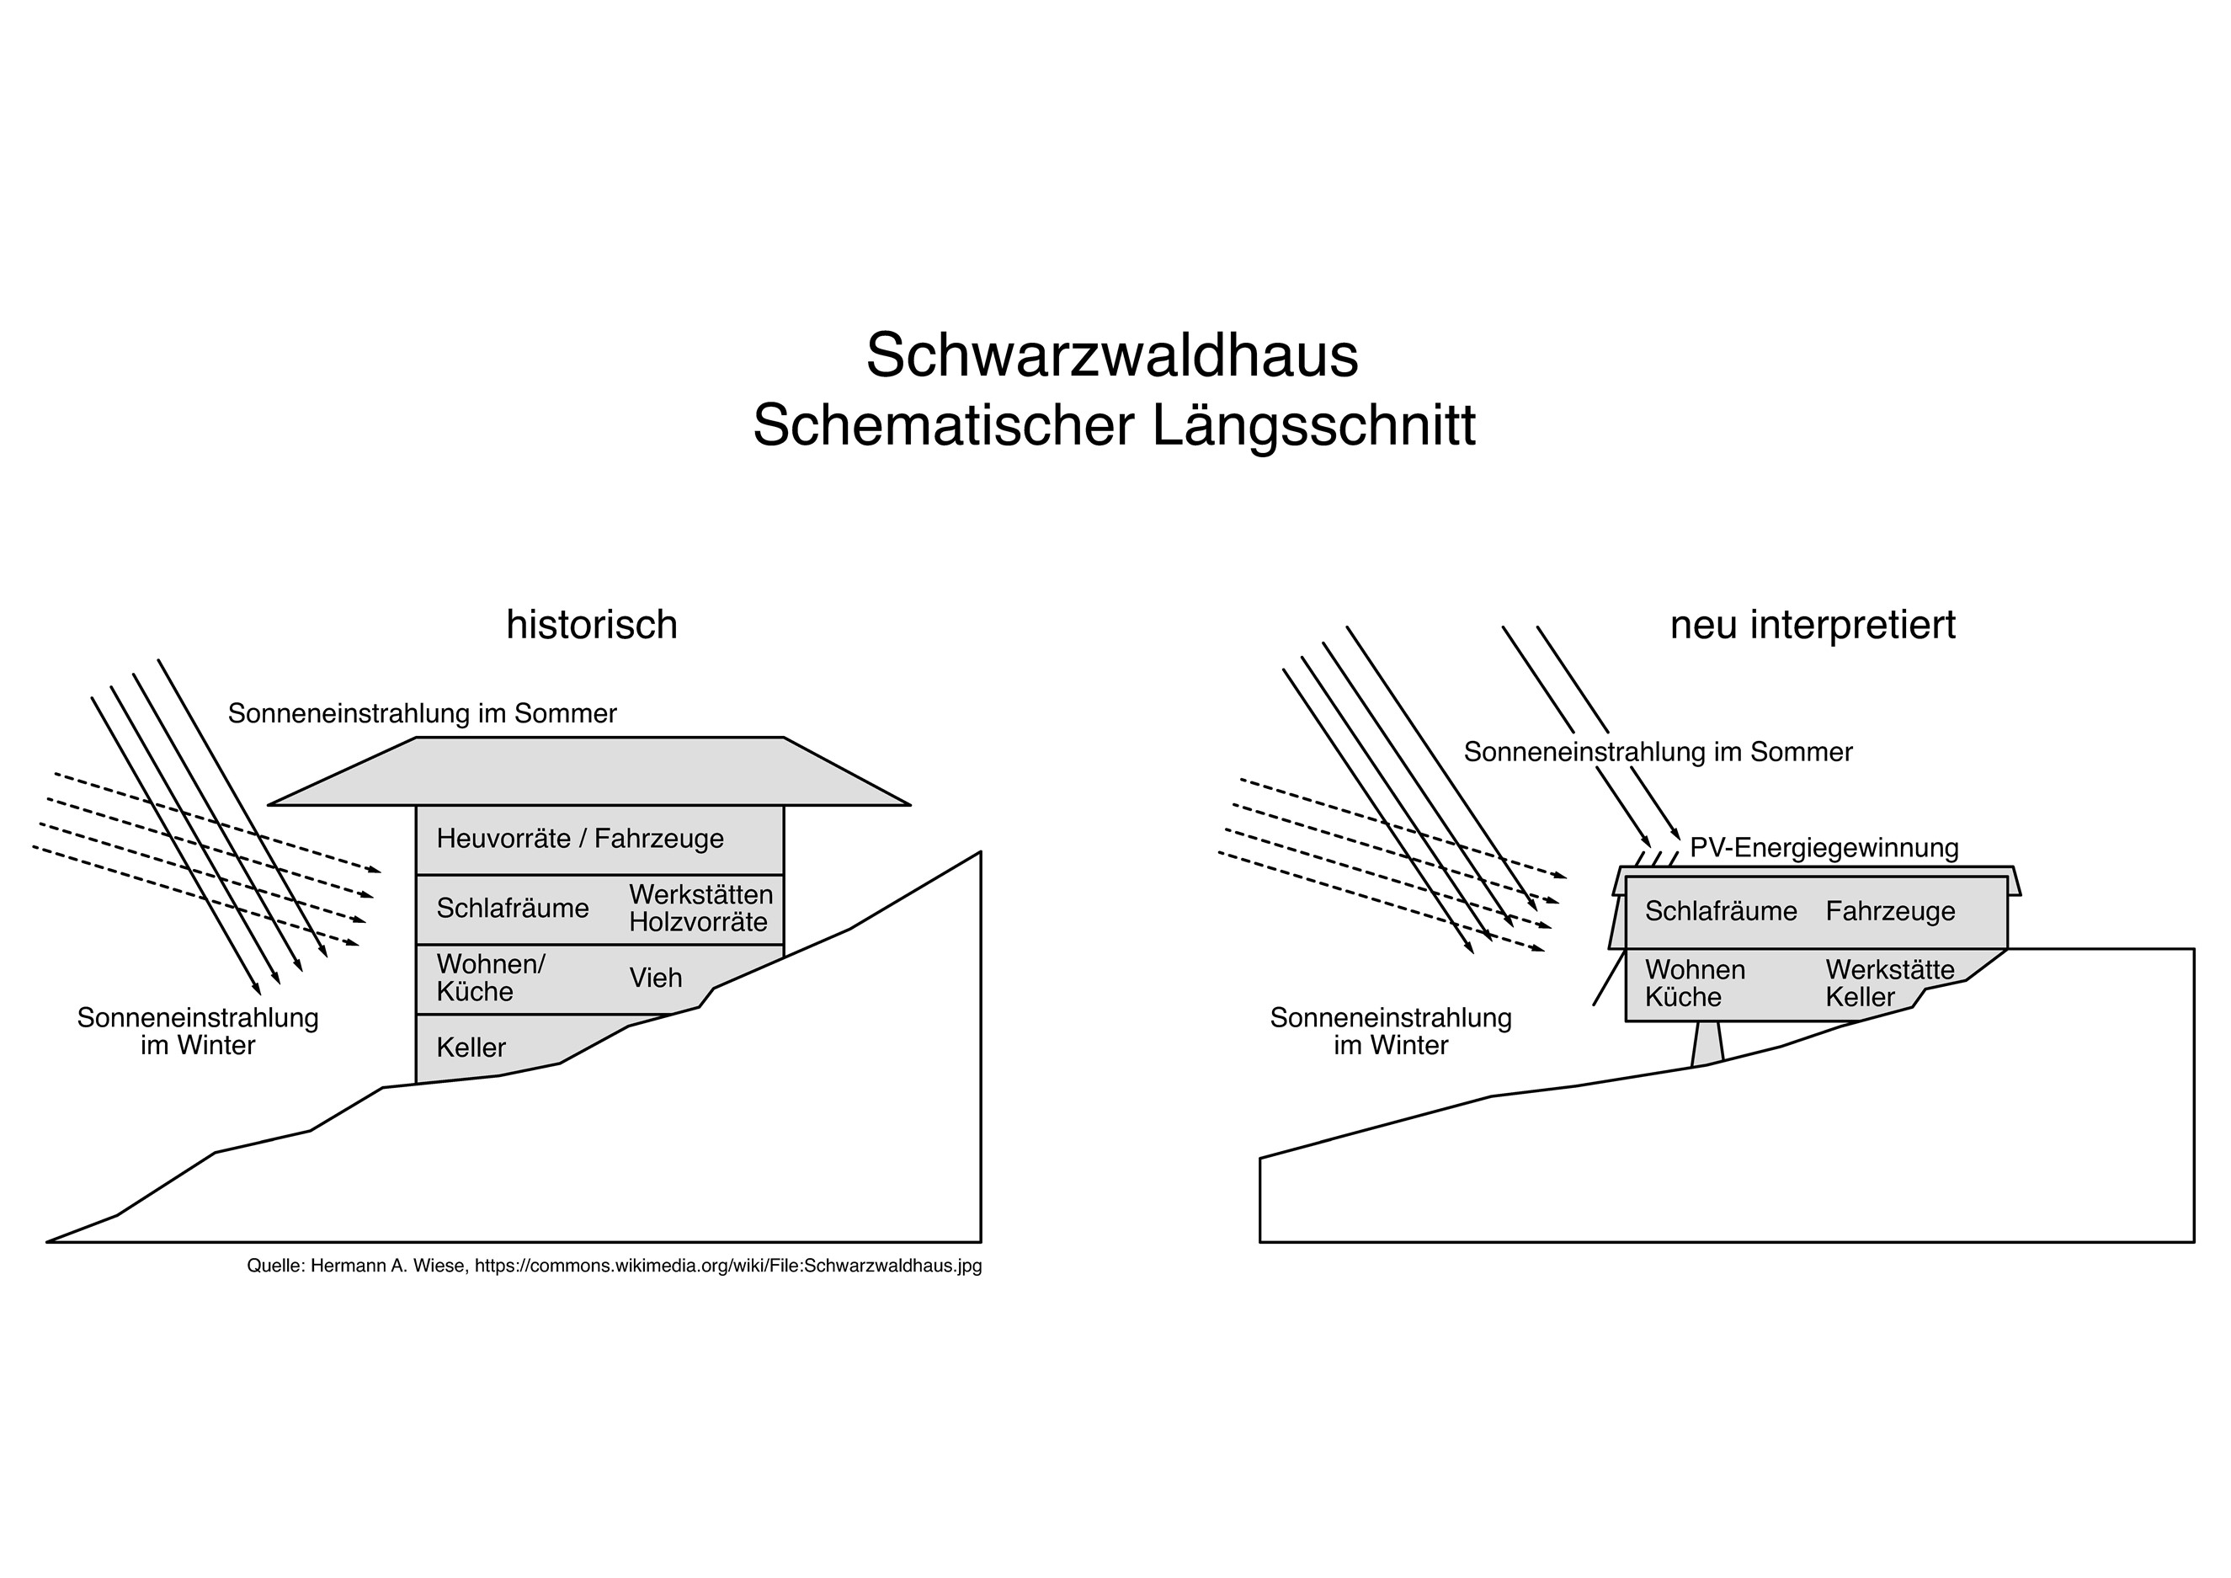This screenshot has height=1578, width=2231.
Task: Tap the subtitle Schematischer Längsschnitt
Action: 1114,425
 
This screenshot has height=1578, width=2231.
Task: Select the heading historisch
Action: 592,625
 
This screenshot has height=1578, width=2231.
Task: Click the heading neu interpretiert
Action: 1813,625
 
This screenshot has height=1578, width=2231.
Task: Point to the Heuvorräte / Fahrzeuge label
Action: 580,839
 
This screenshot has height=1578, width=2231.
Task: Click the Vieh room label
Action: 656,978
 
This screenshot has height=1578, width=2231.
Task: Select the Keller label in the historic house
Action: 471,1048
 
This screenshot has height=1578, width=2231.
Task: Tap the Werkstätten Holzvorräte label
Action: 700,909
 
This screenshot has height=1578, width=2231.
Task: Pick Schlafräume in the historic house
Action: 513,909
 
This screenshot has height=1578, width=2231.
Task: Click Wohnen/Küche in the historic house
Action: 491,978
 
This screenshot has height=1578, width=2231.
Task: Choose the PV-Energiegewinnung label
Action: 1824,848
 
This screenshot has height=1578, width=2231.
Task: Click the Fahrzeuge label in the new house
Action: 1890,911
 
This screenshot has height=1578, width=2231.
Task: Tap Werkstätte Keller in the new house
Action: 1890,984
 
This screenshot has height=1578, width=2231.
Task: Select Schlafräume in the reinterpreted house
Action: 1721,911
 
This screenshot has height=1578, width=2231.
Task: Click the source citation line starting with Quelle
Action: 614,1266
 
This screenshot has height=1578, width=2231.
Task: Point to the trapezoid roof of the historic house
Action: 590,771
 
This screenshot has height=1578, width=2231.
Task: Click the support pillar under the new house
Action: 1707,1042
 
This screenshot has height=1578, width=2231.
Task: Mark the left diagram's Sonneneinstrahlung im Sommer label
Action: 423,714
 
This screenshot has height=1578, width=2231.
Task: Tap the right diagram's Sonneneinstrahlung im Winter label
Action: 1391,1032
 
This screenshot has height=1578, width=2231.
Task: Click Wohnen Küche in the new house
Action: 1695,984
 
